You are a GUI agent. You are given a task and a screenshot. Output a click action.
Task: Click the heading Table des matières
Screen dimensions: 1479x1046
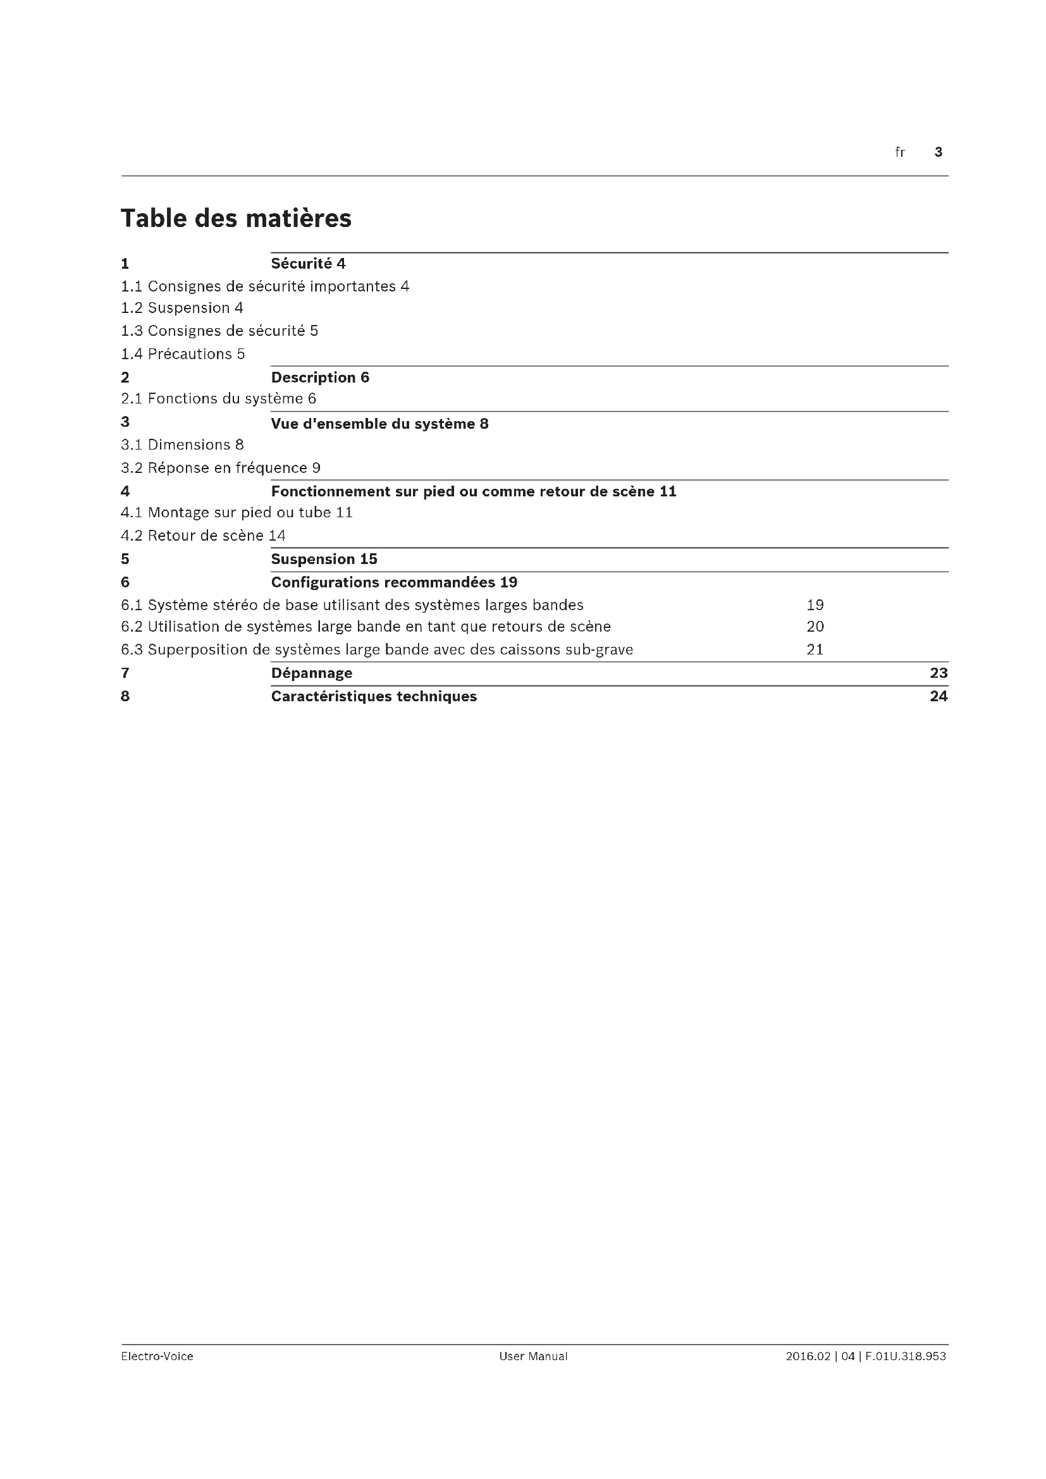236,218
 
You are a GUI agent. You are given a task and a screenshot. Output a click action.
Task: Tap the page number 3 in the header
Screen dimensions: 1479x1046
938,152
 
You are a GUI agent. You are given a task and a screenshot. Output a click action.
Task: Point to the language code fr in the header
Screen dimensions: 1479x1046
900,152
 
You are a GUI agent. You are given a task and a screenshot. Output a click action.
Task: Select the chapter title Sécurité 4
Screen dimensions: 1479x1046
308,264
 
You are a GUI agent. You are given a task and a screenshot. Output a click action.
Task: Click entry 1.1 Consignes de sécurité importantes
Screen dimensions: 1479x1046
265,286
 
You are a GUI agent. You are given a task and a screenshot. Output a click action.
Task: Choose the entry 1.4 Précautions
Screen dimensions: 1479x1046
183,353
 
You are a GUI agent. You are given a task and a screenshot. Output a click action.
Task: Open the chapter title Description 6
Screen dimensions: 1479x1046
320,377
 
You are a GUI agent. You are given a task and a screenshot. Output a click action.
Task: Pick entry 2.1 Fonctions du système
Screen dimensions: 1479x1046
218,399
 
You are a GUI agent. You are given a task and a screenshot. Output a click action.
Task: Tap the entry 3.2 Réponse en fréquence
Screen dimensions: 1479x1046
220,468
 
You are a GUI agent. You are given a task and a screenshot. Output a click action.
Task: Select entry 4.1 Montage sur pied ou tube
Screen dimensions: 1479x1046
237,513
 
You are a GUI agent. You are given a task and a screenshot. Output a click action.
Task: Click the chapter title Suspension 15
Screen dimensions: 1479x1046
324,559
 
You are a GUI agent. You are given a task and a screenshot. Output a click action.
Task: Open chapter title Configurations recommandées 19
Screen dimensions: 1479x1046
393,582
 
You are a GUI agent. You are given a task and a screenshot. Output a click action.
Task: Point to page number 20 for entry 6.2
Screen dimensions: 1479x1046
815,627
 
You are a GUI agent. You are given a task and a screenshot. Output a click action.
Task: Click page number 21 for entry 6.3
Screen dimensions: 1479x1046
815,649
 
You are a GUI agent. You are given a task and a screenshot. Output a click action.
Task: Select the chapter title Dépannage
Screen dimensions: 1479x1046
312,673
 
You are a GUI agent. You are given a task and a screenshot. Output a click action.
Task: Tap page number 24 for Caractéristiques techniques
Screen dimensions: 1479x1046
938,696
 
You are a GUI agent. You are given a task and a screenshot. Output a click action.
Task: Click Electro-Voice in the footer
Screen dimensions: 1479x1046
157,1356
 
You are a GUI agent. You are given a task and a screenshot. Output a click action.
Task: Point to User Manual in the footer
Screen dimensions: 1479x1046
533,1356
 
